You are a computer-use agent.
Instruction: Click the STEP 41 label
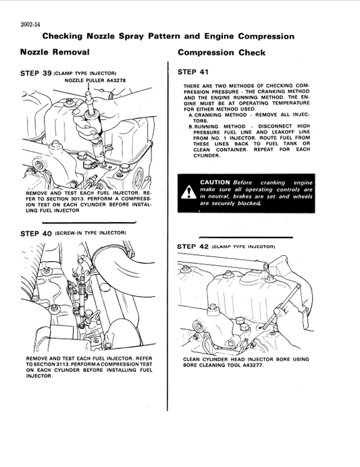[x=192, y=71]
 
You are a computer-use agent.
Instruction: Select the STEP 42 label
[x=192, y=247]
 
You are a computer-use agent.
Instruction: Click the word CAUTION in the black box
[x=215, y=182]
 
